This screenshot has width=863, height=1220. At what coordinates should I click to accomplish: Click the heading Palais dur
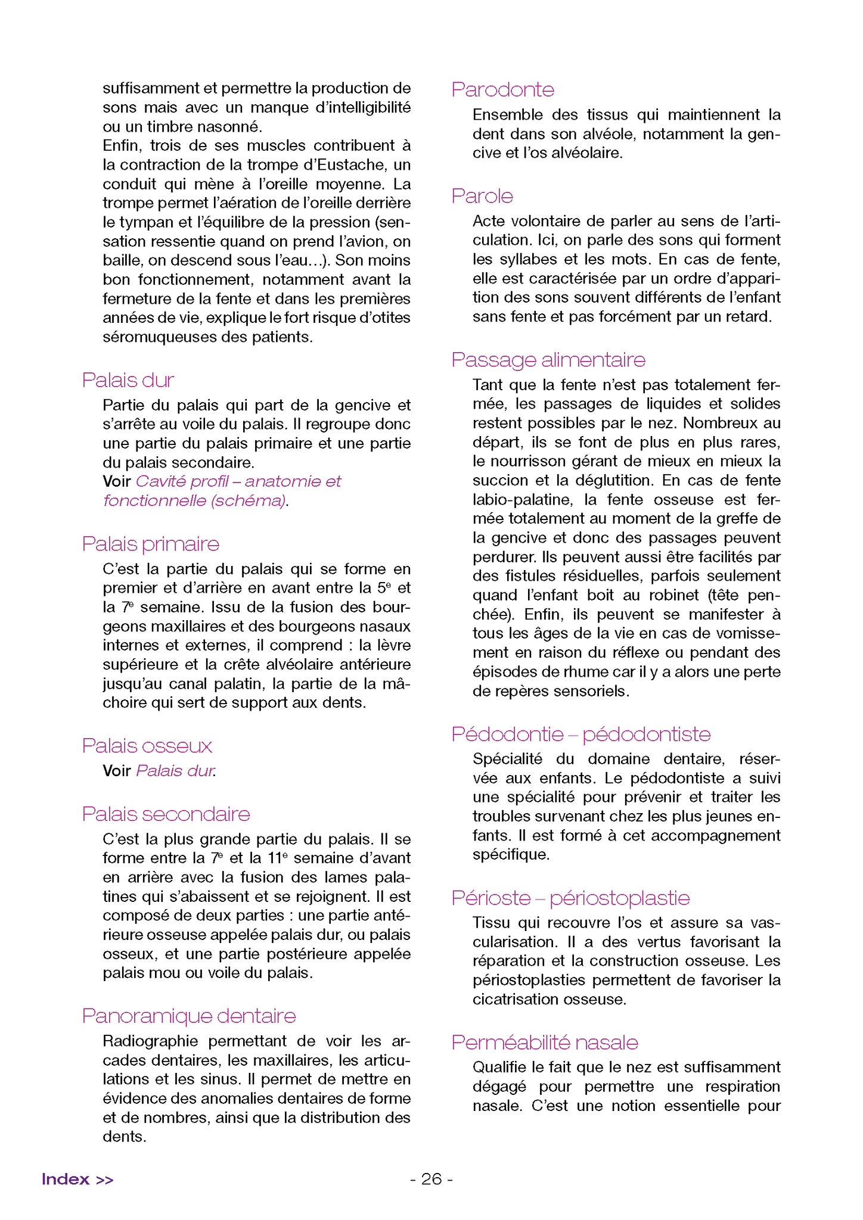point(128,380)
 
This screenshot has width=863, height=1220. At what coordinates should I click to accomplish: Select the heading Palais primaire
point(151,544)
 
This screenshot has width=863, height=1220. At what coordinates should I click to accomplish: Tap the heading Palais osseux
point(147,746)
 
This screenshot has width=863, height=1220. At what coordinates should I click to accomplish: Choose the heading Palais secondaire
point(166,814)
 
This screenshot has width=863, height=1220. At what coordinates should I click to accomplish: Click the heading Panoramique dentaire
point(189,1016)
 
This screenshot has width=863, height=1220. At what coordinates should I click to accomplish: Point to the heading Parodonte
point(503,90)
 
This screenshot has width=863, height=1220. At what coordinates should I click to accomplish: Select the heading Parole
point(482,197)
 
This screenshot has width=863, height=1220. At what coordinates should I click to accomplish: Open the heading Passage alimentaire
point(548,360)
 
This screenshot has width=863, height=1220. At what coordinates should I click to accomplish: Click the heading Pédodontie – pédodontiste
point(581,735)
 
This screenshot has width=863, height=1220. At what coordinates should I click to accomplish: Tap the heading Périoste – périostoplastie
point(570,898)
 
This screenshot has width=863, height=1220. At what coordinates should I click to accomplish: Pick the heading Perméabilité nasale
point(545,1042)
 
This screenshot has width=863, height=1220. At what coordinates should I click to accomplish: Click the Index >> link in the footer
point(77,1179)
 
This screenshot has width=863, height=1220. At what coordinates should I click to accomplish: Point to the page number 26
point(431,1179)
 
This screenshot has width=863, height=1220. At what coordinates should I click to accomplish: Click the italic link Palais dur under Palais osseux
point(175,771)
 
